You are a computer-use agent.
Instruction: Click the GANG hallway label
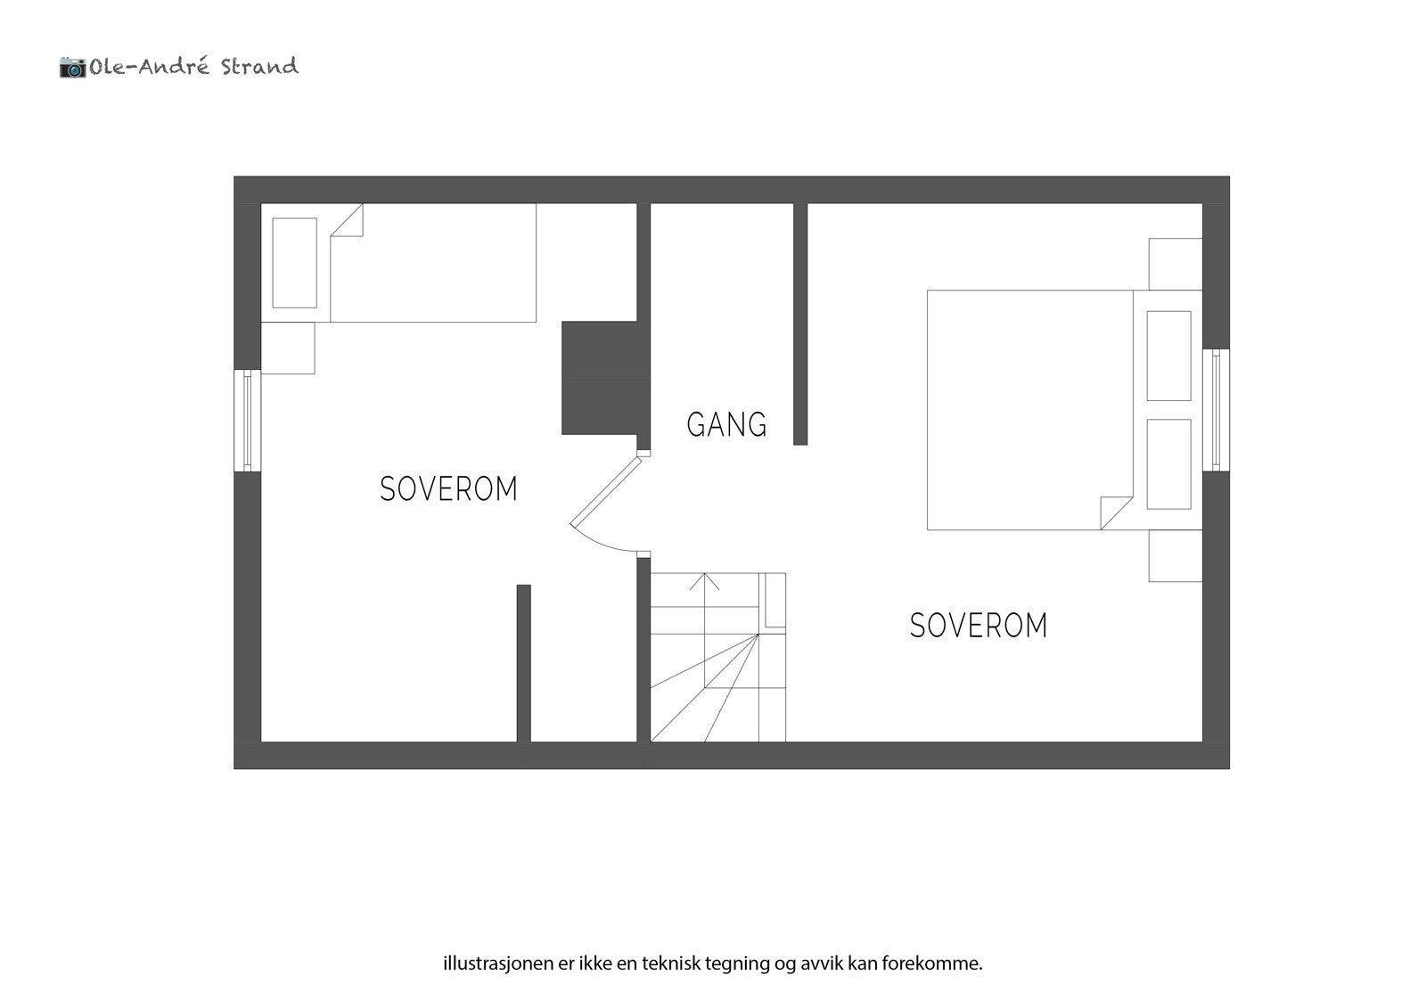click(726, 424)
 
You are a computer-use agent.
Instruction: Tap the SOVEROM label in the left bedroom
click(448, 489)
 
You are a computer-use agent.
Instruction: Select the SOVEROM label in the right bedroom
click(978, 626)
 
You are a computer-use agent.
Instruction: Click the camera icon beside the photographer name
click(72, 67)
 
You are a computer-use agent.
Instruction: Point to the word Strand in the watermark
click(259, 67)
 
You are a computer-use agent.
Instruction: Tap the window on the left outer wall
click(248, 420)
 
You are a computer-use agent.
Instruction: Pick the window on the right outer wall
click(1216, 409)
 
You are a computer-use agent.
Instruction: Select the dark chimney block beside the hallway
click(599, 378)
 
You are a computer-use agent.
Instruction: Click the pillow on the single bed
click(294, 263)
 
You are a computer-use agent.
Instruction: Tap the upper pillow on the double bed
click(1168, 356)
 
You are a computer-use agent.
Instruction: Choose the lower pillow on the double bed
click(1168, 463)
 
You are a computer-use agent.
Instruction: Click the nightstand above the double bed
click(1175, 263)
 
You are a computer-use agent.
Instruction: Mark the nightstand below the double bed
click(1175, 556)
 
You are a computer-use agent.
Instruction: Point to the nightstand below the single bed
click(288, 348)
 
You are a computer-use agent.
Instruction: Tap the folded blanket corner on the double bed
click(1115, 512)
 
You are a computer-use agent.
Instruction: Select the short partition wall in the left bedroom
click(524, 663)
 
